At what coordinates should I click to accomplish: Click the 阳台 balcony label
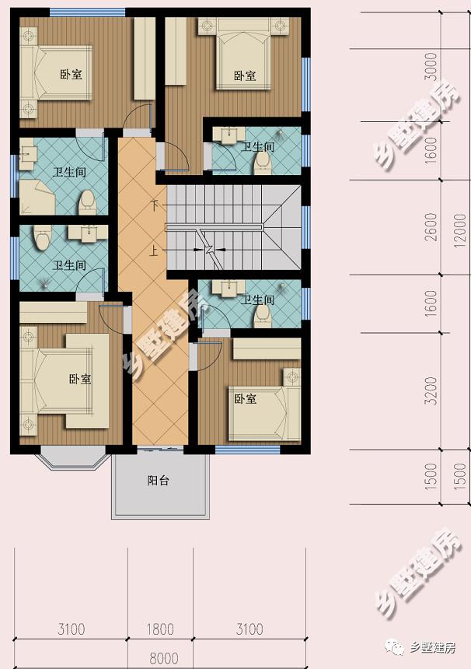point(158,481)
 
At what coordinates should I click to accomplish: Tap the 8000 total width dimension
point(164,658)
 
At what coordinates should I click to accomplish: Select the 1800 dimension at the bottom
point(160,629)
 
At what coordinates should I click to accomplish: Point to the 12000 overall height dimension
point(460,231)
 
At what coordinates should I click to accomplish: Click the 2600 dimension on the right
point(431,227)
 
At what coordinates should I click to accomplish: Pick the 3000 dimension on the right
point(431,67)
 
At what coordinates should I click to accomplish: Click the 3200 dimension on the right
point(431,391)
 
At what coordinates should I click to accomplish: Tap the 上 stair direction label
point(153,250)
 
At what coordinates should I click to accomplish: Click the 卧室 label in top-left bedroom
point(71,74)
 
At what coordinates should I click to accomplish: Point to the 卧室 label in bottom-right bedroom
point(245,399)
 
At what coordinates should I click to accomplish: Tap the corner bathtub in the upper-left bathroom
point(37,197)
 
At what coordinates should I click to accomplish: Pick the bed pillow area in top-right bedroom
point(243,28)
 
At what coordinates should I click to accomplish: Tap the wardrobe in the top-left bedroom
point(145,59)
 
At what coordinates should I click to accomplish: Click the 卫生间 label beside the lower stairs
point(257,299)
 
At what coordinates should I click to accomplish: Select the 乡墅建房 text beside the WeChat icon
point(433,648)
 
